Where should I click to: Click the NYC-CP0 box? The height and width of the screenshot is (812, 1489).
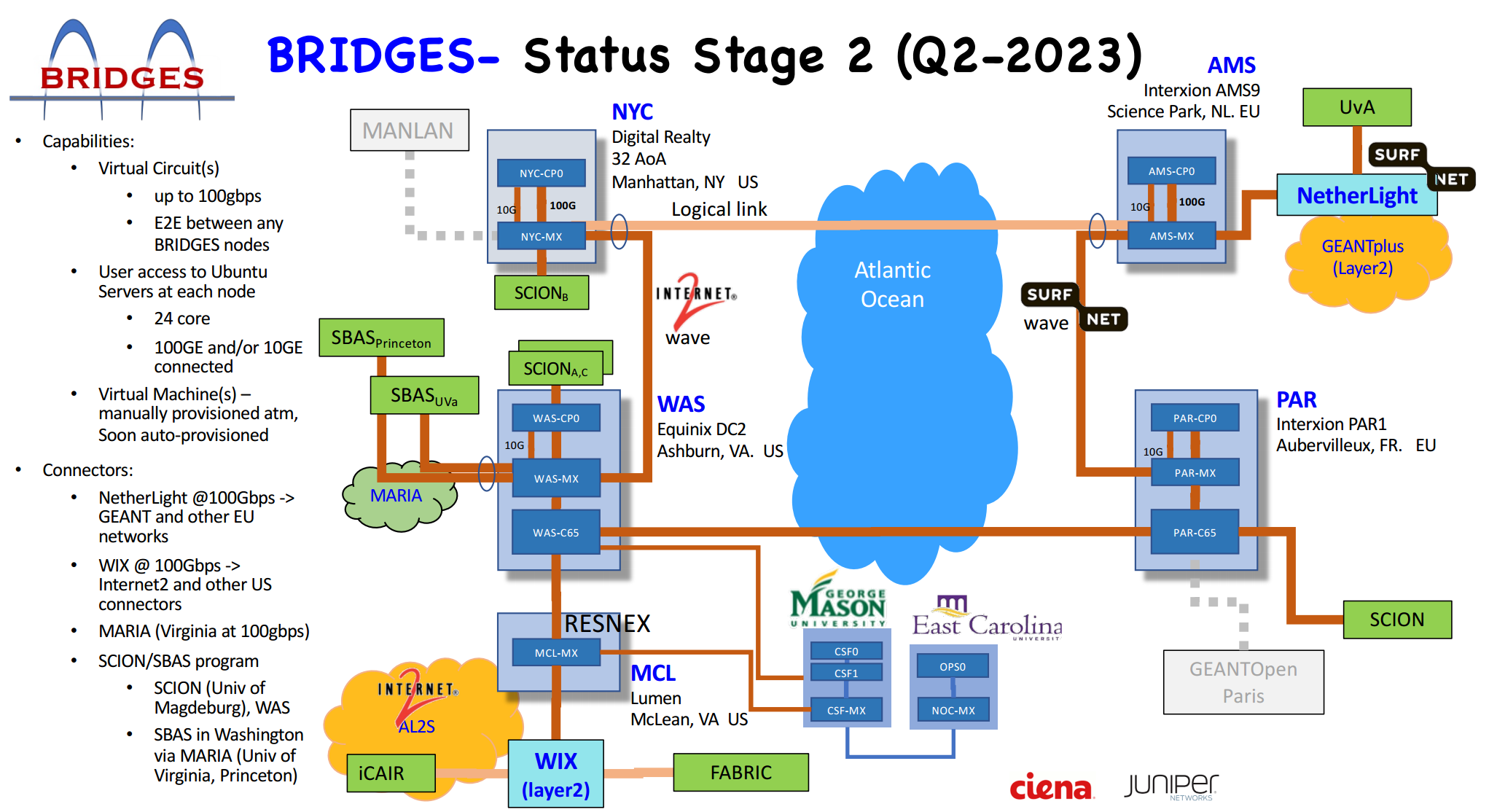(x=541, y=173)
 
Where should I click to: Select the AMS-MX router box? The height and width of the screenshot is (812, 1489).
(x=1171, y=235)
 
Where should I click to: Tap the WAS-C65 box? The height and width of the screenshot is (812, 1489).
(x=556, y=532)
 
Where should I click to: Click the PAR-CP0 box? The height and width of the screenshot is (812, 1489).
(x=1195, y=418)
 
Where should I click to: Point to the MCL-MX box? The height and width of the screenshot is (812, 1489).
(x=556, y=652)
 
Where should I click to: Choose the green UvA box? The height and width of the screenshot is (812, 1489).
(x=1356, y=107)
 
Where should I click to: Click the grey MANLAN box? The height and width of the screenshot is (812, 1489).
(x=409, y=130)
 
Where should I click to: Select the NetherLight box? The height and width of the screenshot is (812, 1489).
(x=1356, y=195)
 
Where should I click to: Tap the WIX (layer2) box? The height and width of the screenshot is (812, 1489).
(x=555, y=774)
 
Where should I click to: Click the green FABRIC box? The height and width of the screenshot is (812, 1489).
(x=740, y=772)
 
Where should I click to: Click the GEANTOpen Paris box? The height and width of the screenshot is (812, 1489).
(x=1243, y=682)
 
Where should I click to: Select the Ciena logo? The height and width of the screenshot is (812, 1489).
(x=1051, y=786)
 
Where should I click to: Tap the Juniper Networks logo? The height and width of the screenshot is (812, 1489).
(x=1171, y=786)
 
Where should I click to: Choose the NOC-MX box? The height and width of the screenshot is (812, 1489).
(x=953, y=709)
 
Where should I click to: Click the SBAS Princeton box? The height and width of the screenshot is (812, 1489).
(x=381, y=337)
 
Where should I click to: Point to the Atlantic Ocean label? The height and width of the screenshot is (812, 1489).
(x=892, y=284)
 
